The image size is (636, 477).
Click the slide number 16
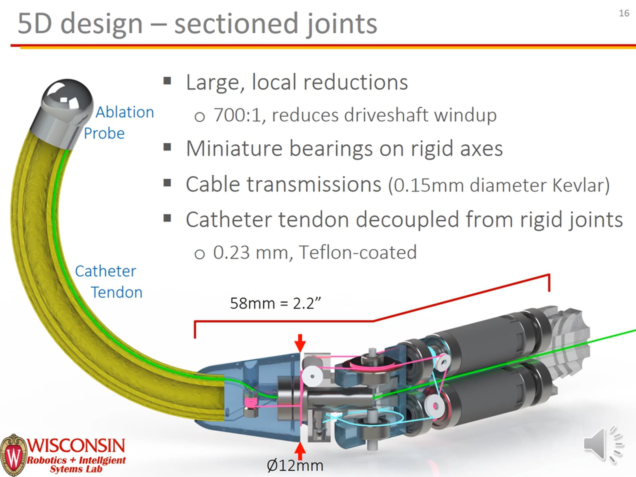[x=624, y=13]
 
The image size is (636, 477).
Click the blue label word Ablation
[x=125, y=112]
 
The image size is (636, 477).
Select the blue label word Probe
[x=104, y=133]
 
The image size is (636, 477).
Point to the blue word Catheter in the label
[x=105, y=271]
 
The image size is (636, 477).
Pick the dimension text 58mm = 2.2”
[x=275, y=303]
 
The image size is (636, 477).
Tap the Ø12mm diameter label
[x=295, y=466]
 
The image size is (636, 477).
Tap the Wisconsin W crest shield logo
[x=13, y=454]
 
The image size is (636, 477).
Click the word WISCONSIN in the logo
[x=76, y=445]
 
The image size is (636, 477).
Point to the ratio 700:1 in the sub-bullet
[x=237, y=115]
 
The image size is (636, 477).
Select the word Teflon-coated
[x=358, y=253]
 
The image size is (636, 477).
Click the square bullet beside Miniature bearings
[x=167, y=147]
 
